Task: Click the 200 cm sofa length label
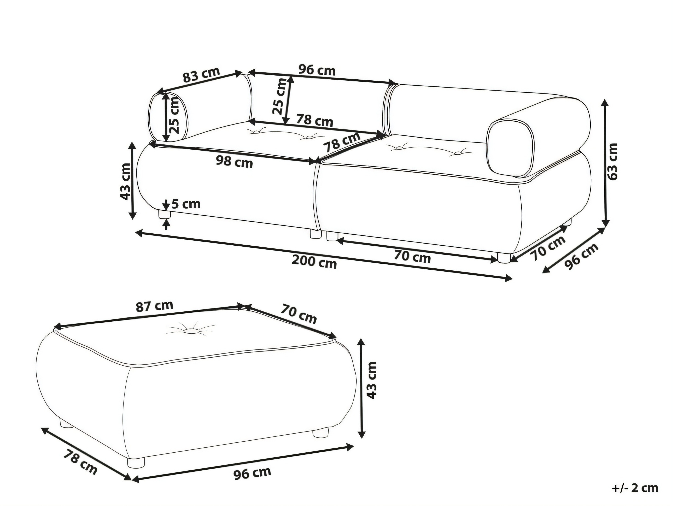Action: pyautogui.click(x=314, y=262)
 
